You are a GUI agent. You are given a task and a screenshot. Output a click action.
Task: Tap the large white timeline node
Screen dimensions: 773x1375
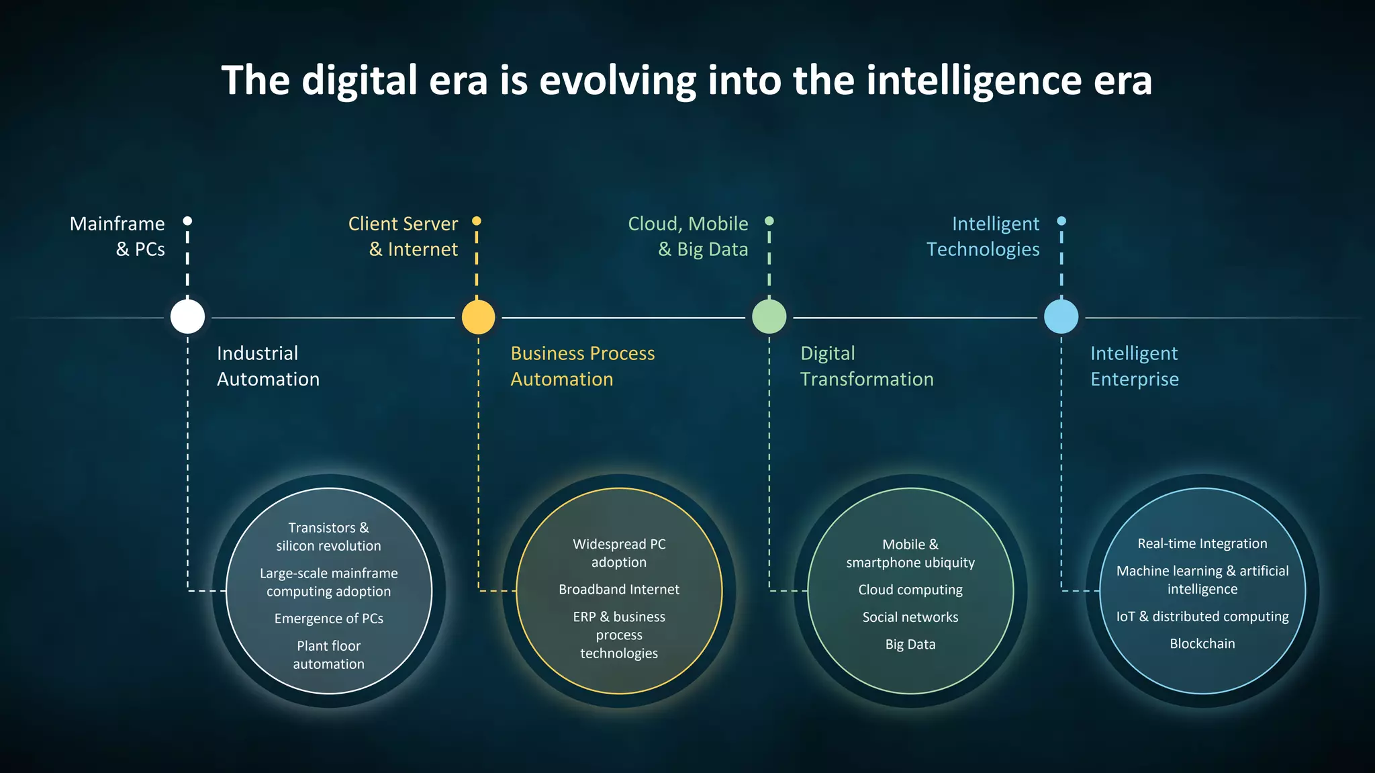[x=187, y=317]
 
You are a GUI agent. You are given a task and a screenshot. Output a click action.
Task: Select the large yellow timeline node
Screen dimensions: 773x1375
[x=478, y=317]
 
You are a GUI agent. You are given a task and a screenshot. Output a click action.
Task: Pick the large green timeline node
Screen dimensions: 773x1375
[x=769, y=317]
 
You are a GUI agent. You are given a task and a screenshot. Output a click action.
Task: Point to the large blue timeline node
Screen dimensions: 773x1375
[x=1061, y=317]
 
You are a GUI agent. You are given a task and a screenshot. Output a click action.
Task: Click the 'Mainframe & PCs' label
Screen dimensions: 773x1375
[x=118, y=236]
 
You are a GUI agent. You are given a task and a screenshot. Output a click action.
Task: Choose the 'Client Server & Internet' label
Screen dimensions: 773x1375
[x=404, y=236]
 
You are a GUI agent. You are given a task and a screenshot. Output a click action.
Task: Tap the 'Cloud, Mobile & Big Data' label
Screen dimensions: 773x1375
[x=688, y=236]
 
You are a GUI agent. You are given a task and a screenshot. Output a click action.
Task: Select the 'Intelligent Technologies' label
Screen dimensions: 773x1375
[x=984, y=236]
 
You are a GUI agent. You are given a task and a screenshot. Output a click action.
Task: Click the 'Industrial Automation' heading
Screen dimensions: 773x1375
[x=268, y=366]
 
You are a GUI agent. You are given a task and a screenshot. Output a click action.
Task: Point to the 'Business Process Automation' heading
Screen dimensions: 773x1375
[x=582, y=366]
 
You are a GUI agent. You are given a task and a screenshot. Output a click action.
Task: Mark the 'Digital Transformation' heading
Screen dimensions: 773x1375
[x=866, y=366]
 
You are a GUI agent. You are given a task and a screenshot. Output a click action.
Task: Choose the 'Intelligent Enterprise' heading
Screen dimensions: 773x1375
[x=1134, y=366]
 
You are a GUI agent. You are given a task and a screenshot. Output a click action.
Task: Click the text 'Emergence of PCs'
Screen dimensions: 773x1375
[x=328, y=619]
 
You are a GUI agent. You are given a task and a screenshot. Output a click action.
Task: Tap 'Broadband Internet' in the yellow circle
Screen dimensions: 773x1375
[x=619, y=590]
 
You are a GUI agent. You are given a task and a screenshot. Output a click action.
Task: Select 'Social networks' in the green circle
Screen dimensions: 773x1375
[x=910, y=617]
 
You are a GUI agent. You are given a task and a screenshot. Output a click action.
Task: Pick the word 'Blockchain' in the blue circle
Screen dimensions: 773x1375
[x=1202, y=643]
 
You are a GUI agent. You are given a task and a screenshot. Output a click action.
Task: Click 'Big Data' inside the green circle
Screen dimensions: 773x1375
[x=910, y=645]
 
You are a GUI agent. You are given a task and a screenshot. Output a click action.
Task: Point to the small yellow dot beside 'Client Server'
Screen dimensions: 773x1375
[x=477, y=221]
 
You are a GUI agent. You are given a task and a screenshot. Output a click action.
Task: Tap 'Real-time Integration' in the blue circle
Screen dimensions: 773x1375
[x=1202, y=543]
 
